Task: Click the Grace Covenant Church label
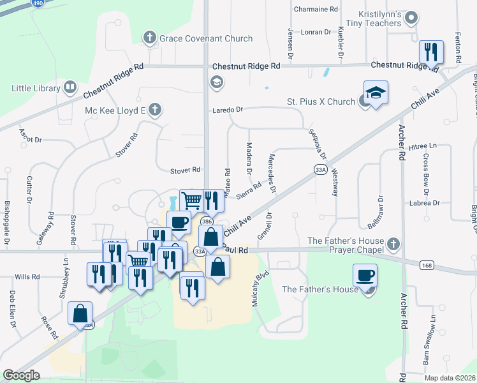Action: pyautogui.click(x=205, y=38)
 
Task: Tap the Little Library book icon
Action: pyautogui.click(x=70, y=87)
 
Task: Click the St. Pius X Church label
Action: pyautogui.click(x=320, y=102)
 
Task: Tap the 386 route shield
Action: pyautogui.click(x=206, y=221)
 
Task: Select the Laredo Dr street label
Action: pyautogui.click(x=228, y=110)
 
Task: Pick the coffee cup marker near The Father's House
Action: pyautogui.click(x=365, y=276)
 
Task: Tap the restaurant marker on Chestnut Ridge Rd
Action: pyautogui.click(x=431, y=52)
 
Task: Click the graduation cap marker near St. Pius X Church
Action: pyautogui.click(x=376, y=92)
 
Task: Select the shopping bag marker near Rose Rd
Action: pyautogui.click(x=80, y=313)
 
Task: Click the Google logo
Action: pyautogui.click(x=22, y=375)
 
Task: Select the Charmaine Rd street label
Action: pyautogui.click(x=316, y=10)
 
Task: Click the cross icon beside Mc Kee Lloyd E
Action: pyautogui.click(x=154, y=110)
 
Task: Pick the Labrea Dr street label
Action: pyautogui.click(x=427, y=203)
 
